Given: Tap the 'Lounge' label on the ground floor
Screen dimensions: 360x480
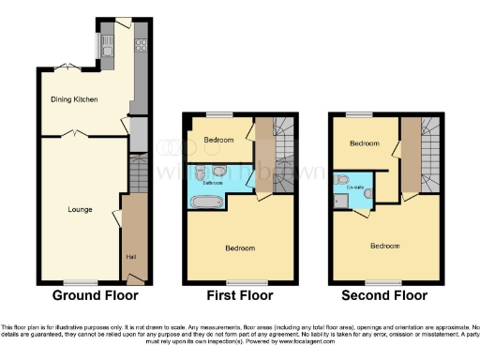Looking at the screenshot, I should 79,208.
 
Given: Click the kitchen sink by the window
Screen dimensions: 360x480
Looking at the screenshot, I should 108,43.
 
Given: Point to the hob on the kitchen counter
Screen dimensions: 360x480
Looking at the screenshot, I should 141,43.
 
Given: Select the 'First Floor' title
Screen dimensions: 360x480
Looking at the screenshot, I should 240,295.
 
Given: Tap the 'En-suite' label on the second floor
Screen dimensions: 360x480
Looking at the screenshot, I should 355,187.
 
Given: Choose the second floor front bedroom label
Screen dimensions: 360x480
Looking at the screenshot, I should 384,246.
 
